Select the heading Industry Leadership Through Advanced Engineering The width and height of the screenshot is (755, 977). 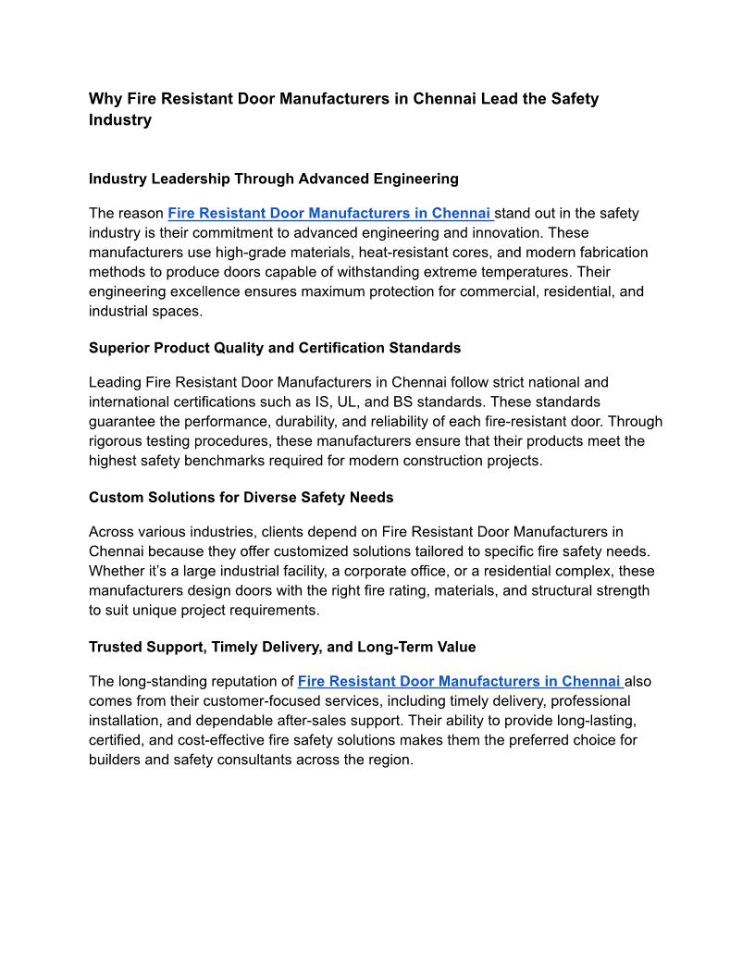273,179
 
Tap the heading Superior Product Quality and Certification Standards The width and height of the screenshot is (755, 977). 275,348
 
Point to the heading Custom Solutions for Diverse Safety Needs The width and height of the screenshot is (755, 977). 241,498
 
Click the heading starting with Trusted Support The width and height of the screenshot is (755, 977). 282,647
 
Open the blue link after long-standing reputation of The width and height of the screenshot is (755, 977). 460,682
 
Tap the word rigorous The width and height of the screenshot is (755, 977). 117,440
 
